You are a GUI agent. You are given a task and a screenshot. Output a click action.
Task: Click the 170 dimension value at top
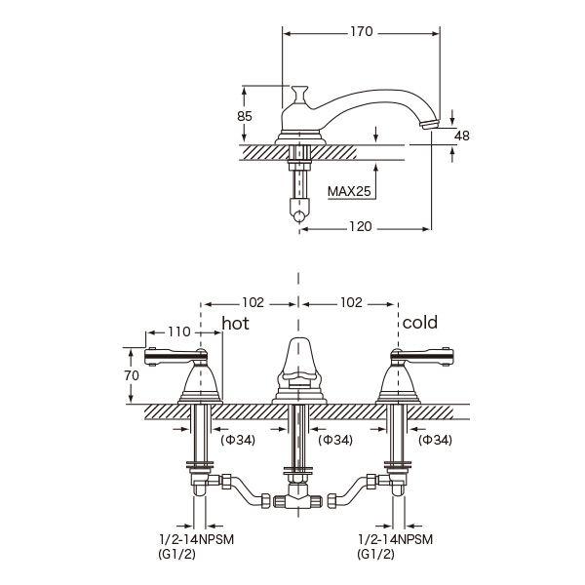[361, 32]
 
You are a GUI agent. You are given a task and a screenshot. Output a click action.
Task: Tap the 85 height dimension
[245, 116]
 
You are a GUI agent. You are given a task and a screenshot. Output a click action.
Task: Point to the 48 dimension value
[461, 136]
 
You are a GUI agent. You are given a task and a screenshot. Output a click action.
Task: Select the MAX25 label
[349, 191]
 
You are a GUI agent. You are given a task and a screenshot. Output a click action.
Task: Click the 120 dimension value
[360, 227]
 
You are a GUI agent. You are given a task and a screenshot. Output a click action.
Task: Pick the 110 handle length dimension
[179, 331]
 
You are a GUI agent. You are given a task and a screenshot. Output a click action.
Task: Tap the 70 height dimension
[132, 375]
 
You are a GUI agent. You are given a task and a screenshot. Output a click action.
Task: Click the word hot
[235, 323]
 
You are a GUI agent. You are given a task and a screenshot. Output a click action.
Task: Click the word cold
[419, 323]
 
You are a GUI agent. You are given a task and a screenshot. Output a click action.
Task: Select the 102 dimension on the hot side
[253, 302]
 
